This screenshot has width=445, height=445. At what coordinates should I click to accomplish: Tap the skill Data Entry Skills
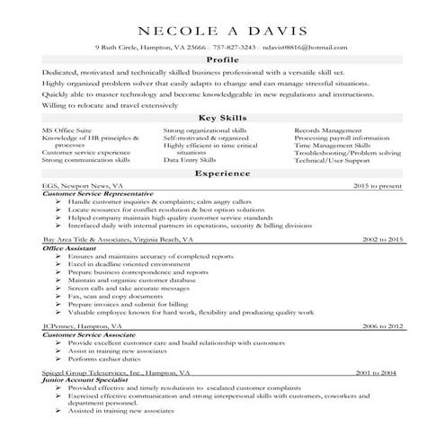coord(191,160)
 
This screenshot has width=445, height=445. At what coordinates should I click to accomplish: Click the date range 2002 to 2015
coord(382,241)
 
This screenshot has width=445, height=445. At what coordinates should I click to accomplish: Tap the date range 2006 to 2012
coord(382,326)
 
